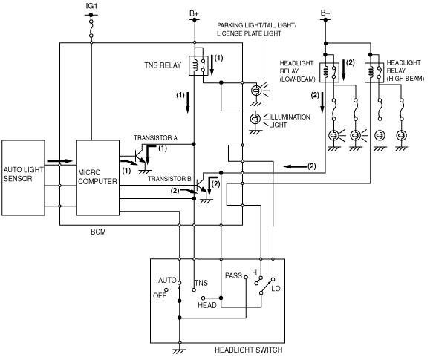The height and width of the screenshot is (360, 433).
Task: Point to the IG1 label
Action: tap(91, 6)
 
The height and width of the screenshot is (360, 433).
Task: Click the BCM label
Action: tap(98, 232)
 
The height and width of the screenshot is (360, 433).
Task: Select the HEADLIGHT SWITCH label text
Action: tap(249, 350)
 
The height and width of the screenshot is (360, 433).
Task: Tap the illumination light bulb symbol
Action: tap(255, 119)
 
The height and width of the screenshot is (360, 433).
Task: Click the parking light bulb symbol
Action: tap(256, 90)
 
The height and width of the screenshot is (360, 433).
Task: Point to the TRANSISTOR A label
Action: tap(155, 138)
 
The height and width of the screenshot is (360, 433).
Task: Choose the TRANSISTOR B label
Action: tap(169, 179)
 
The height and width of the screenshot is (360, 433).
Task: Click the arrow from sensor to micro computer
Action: tap(59, 161)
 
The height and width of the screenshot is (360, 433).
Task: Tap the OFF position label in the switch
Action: tap(160, 295)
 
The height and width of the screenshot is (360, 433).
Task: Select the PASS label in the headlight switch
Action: tap(234, 275)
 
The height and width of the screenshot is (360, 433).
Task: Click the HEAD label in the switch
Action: tap(207, 305)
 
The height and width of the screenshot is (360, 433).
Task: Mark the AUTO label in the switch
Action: tap(167, 281)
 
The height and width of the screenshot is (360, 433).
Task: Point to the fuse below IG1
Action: tap(91, 28)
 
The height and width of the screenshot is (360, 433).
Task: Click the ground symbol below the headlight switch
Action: tap(179, 351)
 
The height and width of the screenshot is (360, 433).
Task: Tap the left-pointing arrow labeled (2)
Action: tap(295, 166)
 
